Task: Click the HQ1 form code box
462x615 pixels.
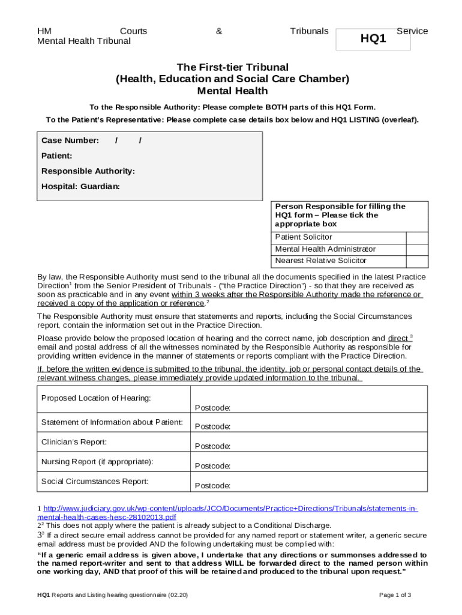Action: [x=373, y=39]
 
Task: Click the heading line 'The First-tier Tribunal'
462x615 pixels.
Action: [x=232, y=67]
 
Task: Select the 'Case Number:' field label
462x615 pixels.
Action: [x=70, y=141]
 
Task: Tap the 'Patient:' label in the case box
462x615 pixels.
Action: [x=57, y=156]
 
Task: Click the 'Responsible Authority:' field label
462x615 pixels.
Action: [x=88, y=171]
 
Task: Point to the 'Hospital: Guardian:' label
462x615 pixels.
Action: [x=80, y=186]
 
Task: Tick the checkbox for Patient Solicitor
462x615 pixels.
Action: [x=416, y=237]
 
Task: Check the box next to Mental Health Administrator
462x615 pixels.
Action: [x=416, y=249]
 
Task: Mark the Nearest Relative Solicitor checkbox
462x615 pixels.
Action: [x=416, y=261]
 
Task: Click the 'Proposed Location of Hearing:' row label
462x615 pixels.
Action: [x=96, y=399]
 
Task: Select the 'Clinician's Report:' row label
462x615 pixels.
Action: [x=74, y=442]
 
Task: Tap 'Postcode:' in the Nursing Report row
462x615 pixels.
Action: [x=212, y=466]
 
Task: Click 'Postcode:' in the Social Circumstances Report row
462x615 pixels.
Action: [x=212, y=486]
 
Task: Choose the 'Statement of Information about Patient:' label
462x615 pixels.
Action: [x=112, y=422]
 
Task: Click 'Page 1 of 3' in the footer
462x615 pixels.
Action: [x=395, y=595]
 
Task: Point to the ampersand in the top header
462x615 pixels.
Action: [x=219, y=31]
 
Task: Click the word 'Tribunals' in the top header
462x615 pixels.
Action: [x=309, y=31]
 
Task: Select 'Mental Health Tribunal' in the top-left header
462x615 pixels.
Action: [x=84, y=41]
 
